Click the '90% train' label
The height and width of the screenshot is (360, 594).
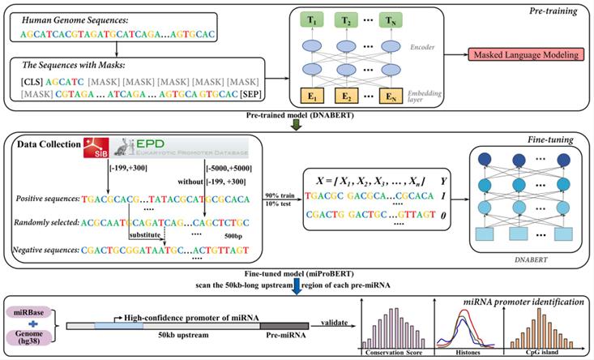click(x=276, y=197)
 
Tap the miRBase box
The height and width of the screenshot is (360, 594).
click(x=30, y=311)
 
